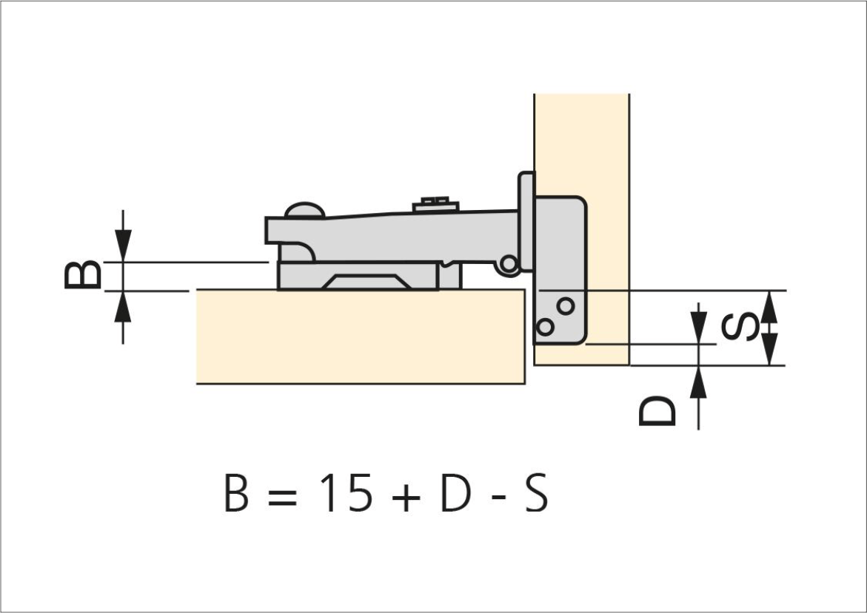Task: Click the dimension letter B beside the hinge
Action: pos(83,274)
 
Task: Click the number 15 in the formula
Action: pos(346,492)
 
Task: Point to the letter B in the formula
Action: pos(236,492)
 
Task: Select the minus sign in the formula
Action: pos(499,496)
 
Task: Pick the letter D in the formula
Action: pos(455,492)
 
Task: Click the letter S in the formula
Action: pos(536,492)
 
